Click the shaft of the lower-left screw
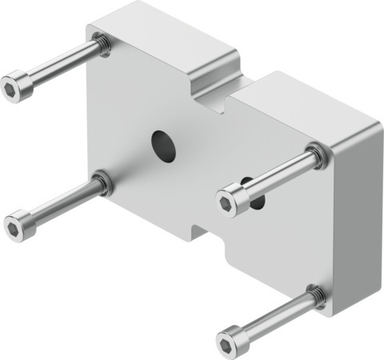click(x=60, y=204)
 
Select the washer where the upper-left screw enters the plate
click(x=102, y=44)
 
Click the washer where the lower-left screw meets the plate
click(x=102, y=186)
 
